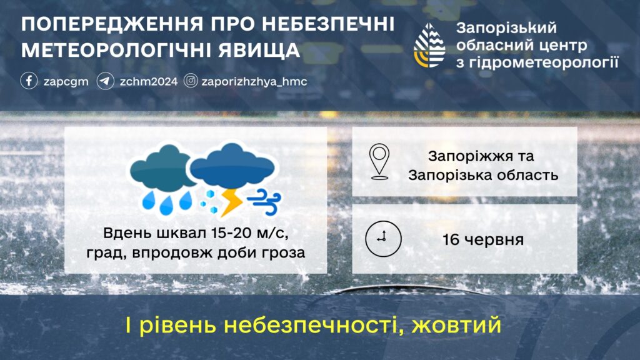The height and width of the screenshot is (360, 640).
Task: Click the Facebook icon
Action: (29, 81)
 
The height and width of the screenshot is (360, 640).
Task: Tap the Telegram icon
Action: (105, 81)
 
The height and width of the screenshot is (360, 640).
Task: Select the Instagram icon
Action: (191, 81)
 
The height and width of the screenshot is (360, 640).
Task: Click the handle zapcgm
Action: (66, 82)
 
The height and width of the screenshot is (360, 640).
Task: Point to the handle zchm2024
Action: (149, 82)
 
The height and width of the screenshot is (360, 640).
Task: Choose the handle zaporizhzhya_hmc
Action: (254, 82)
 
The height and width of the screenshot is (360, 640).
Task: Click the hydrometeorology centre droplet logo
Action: (429, 45)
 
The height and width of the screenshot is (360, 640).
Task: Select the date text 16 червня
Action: (483, 239)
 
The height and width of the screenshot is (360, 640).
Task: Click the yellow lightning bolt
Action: (231, 202)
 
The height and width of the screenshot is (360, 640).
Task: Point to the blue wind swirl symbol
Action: (265, 201)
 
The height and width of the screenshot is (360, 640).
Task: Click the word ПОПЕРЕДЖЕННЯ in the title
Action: (112, 24)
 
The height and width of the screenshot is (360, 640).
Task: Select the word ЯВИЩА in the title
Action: (259, 51)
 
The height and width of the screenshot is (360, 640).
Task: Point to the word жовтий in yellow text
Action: (456, 325)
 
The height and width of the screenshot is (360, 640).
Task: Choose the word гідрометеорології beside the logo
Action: (544, 63)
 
